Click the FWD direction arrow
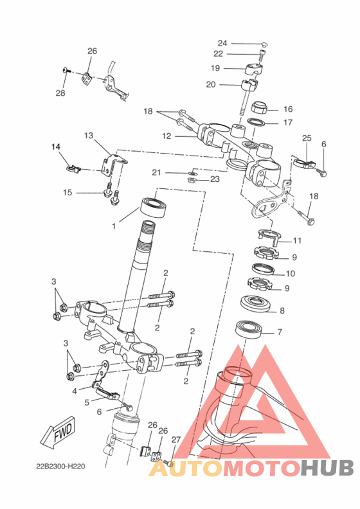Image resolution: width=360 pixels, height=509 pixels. (x=58, y=432)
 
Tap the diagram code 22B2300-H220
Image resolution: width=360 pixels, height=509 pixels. (x=60, y=467)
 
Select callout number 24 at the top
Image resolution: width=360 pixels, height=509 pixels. (x=222, y=43)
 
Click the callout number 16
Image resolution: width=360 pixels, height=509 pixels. (x=288, y=109)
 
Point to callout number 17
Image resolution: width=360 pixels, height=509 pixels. (x=288, y=122)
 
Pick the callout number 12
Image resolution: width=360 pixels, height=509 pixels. (x=166, y=136)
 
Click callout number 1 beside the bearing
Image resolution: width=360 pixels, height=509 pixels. (x=114, y=226)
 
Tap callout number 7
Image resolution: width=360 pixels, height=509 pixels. (x=280, y=332)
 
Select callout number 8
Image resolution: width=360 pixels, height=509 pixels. (x=282, y=310)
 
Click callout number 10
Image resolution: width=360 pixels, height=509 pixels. (x=290, y=274)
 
